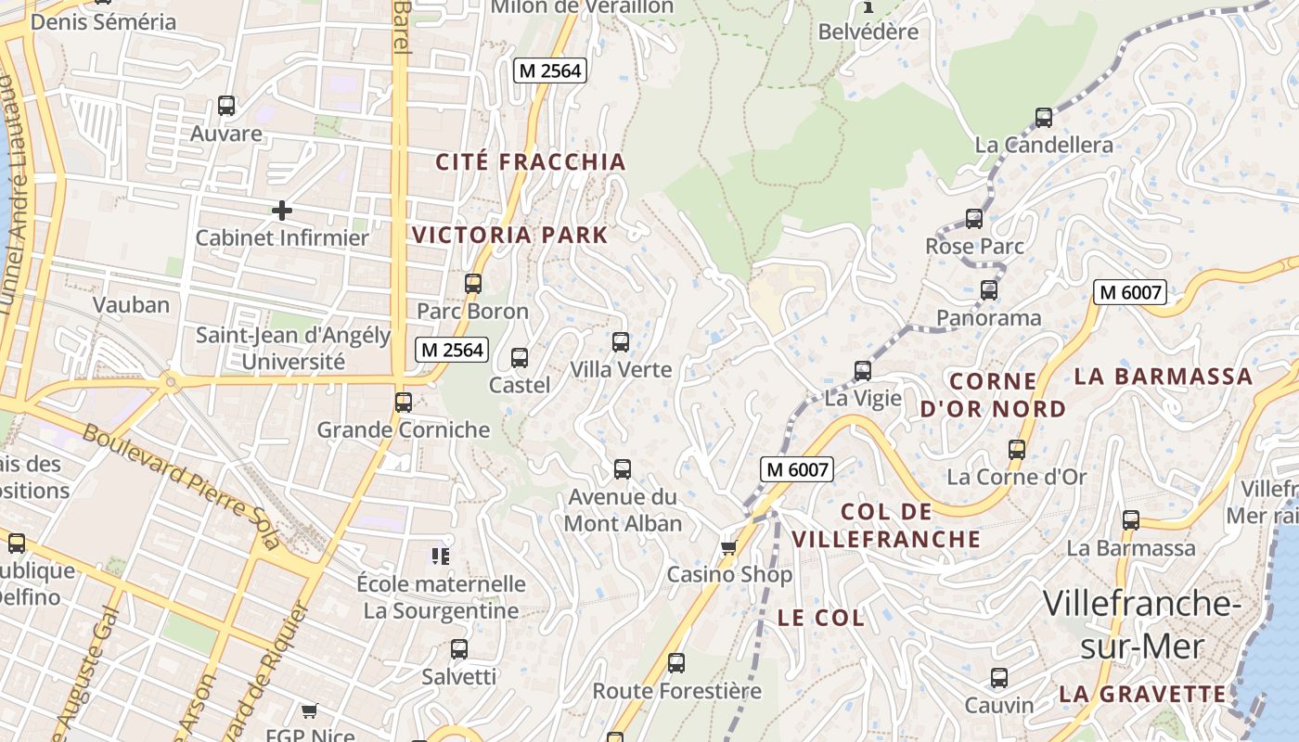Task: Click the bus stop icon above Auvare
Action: [226, 106]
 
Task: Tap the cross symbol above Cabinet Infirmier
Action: [282, 211]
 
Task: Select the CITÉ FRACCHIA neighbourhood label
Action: [532, 162]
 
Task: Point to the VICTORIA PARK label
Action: [510, 235]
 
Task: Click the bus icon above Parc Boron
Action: [473, 284]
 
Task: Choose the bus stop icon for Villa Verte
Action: [621, 342]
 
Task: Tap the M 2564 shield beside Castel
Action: [451, 350]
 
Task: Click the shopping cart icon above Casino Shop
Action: [729, 547]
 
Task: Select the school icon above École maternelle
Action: [441, 556]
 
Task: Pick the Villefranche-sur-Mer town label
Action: [1141, 624]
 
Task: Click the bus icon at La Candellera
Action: [1044, 118]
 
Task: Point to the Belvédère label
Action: [868, 32]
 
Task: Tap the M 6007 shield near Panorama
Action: [1128, 292]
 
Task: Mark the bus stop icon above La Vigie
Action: [863, 371]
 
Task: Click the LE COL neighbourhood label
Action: [821, 618]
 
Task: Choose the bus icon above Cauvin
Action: [999, 678]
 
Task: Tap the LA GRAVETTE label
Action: [1143, 694]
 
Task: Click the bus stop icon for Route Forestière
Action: [676, 663]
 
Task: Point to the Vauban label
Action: [131, 304]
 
